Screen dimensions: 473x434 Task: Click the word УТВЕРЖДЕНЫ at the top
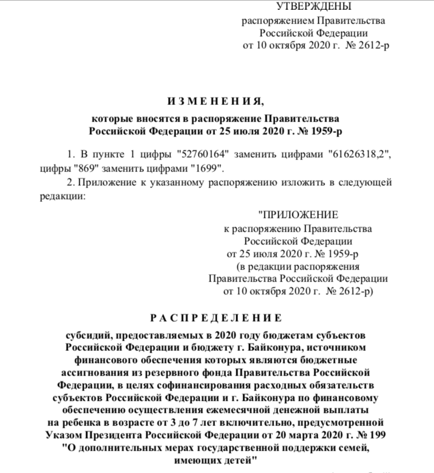click(x=313, y=7)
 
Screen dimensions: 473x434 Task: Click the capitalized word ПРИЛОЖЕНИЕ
click(x=300, y=215)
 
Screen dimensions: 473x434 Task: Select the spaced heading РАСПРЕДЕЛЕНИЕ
click(x=216, y=317)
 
